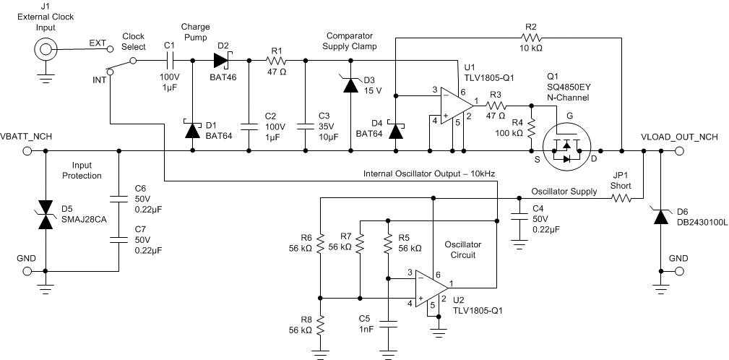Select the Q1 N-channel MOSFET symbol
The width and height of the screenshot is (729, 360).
click(567, 145)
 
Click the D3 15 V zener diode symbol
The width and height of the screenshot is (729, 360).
click(351, 85)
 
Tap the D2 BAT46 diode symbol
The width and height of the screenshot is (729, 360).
click(220, 61)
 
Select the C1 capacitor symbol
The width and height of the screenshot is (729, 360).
click(171, 61)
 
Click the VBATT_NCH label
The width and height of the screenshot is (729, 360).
click(27, 137)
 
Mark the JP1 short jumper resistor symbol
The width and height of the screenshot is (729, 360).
click(621, 196)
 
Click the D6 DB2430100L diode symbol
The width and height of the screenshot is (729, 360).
click(661, 215)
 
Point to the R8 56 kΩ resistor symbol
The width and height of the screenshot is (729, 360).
click(320, 327)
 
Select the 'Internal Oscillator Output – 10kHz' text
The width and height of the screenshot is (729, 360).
click(429, 175)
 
